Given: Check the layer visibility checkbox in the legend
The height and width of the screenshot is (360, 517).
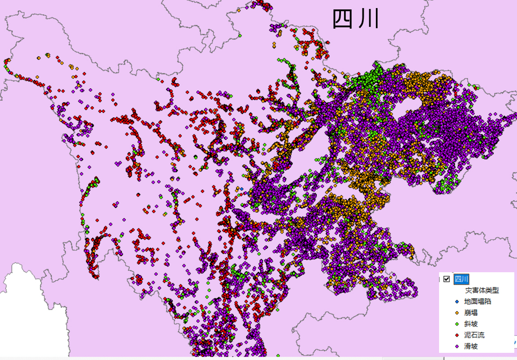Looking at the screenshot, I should [x=446, y=279].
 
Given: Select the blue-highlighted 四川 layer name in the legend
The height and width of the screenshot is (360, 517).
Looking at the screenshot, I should [x=461, y=279].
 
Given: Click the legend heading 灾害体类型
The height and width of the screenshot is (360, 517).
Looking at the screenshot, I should [x=482, y=290].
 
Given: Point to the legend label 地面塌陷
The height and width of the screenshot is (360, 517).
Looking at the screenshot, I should [x=478, y=301].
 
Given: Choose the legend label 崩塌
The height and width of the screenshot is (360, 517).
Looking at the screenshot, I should [x=471, y=313].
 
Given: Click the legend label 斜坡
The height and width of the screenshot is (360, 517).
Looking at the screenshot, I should [x=471, y=324].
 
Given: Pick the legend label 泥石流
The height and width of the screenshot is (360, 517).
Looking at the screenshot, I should [x=474, y=335].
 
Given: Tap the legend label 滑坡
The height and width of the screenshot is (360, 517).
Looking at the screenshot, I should [x=471, y=346].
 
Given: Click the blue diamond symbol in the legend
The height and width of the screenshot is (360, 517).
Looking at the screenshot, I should [x=457, y=301].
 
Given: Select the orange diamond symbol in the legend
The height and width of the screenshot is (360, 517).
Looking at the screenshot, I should [x=457, y=313].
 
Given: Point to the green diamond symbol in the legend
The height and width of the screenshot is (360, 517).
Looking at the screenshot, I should [x=457, y=324].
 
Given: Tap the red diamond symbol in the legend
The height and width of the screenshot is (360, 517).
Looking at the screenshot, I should [x=457, y=335].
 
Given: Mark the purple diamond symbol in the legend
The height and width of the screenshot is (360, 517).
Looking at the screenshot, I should [x=457, y=346].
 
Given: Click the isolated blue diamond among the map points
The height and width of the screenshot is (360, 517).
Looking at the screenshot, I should [x=242, y=189].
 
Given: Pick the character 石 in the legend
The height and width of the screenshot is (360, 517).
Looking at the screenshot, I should [x=474, y=335].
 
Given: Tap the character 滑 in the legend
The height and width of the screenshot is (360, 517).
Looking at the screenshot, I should [x=467, y=346].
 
